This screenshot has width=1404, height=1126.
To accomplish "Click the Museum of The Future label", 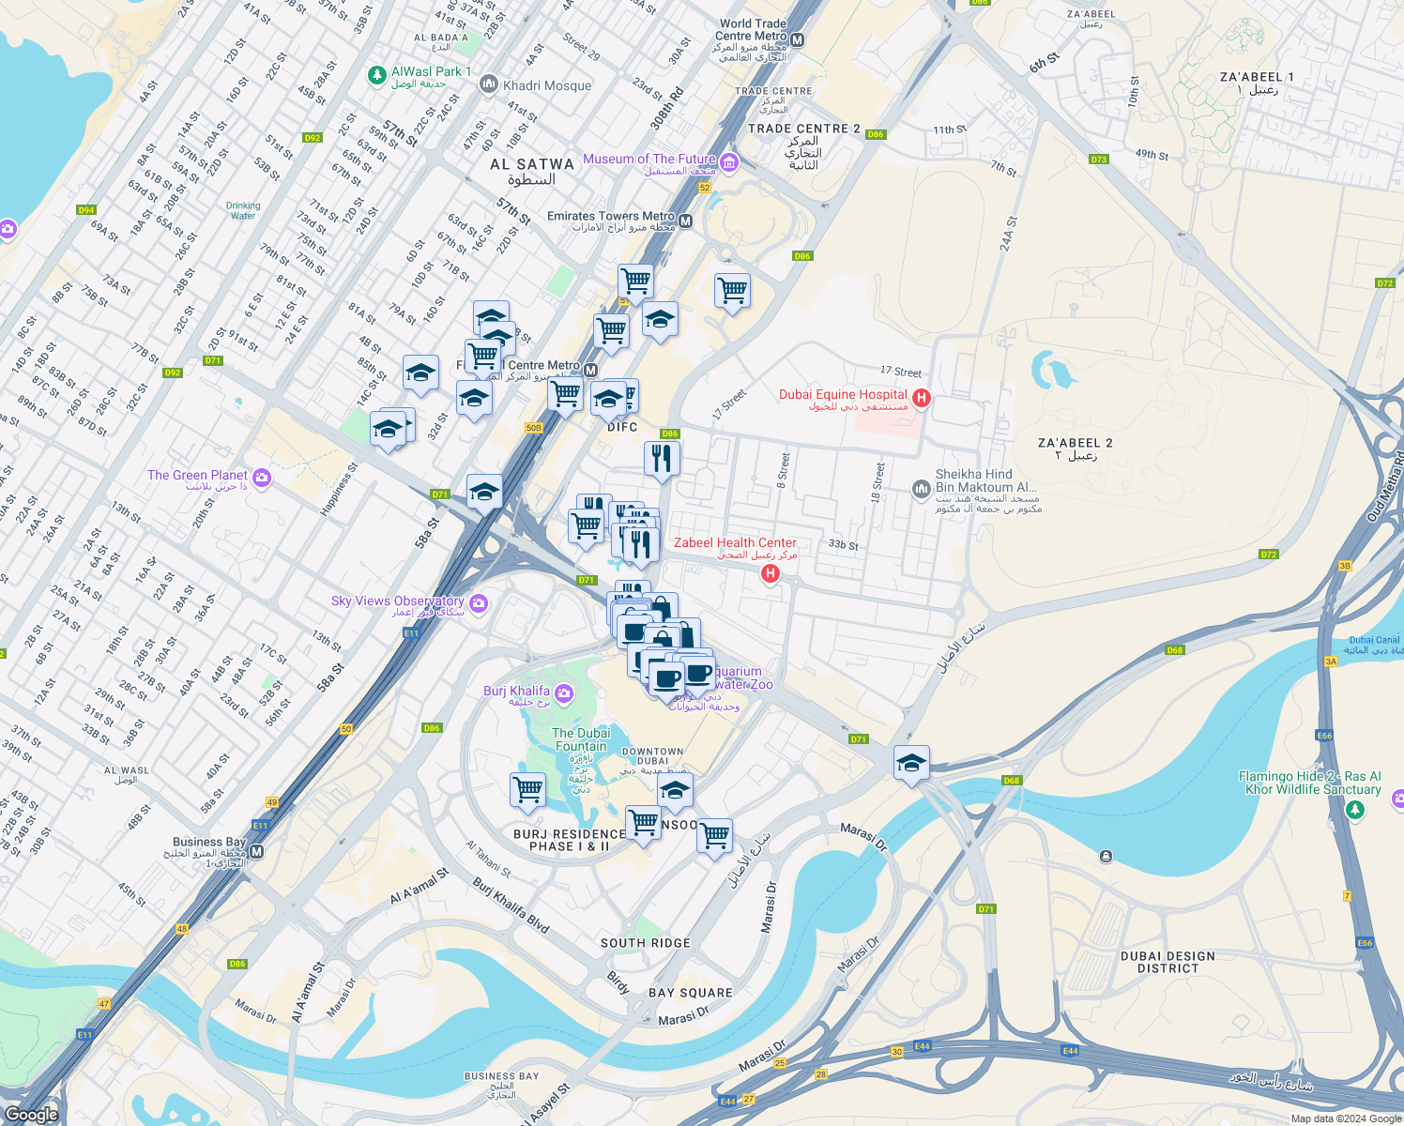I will tap(649, 160).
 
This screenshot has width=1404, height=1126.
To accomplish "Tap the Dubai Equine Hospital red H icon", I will tap(922, 399).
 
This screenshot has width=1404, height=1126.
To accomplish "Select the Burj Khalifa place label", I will tap(516, 692).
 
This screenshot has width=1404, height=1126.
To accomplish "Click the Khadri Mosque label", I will tap(547, 85).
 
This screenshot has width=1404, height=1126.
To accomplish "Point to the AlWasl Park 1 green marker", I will tap(376, 74).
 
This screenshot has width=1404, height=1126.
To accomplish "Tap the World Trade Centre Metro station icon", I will tap(798, 39).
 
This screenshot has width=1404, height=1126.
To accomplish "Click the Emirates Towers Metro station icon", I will tap(685, 221).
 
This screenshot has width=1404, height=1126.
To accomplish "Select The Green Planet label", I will tap(197, 476).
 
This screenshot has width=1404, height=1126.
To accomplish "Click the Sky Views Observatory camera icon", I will tap(479, 602).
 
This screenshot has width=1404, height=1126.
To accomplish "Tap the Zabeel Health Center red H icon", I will tap(771, 573).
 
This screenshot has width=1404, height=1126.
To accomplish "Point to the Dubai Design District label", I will tap(1167, 962).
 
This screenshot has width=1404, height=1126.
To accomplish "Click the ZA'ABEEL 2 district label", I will tap(1076, 443).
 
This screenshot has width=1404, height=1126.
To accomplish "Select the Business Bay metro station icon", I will tap(256, 852).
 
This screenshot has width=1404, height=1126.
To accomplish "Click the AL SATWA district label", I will tap(532, 164).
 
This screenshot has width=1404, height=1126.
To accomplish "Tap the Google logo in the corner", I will tap(31, 1115).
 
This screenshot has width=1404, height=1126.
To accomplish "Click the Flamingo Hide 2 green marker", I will tap(1354, 810).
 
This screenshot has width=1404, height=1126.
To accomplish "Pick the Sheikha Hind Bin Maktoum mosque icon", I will tap(922, 488).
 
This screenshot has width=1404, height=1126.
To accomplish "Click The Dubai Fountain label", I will tap(581, 739).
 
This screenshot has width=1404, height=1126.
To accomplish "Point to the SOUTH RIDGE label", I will tap(646, 943).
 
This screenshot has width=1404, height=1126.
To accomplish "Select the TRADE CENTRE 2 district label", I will tap(803, 129).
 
